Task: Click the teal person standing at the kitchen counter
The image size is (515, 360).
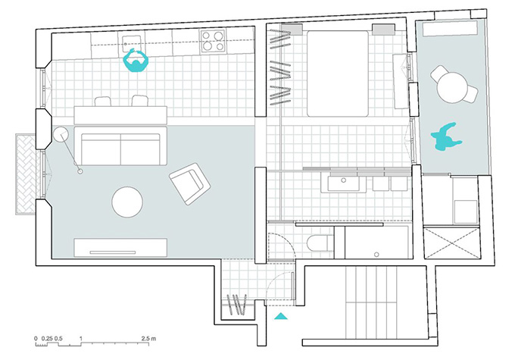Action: (136, 61)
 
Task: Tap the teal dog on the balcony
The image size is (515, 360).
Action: (445, 137)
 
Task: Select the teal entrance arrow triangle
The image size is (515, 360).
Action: (281, 316)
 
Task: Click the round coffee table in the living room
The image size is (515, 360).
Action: (127, 202)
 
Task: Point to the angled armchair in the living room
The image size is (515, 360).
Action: (190, 183)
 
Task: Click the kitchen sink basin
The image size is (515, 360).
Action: (133, 43)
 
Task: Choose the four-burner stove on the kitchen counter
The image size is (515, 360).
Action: (213, 40)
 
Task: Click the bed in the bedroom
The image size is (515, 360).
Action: (338, 74)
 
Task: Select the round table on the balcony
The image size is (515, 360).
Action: (452, 87)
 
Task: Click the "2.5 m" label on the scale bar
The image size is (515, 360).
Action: (148, 338)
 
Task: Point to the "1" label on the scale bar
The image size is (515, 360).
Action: (81, 338)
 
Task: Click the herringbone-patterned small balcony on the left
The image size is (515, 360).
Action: (26, 174)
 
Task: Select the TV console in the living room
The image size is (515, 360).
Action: (120, 247)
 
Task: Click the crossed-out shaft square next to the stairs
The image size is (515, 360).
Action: (452, 243)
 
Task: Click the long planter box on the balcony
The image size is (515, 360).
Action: (450, 29)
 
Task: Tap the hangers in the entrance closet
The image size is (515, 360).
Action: (237, 304)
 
